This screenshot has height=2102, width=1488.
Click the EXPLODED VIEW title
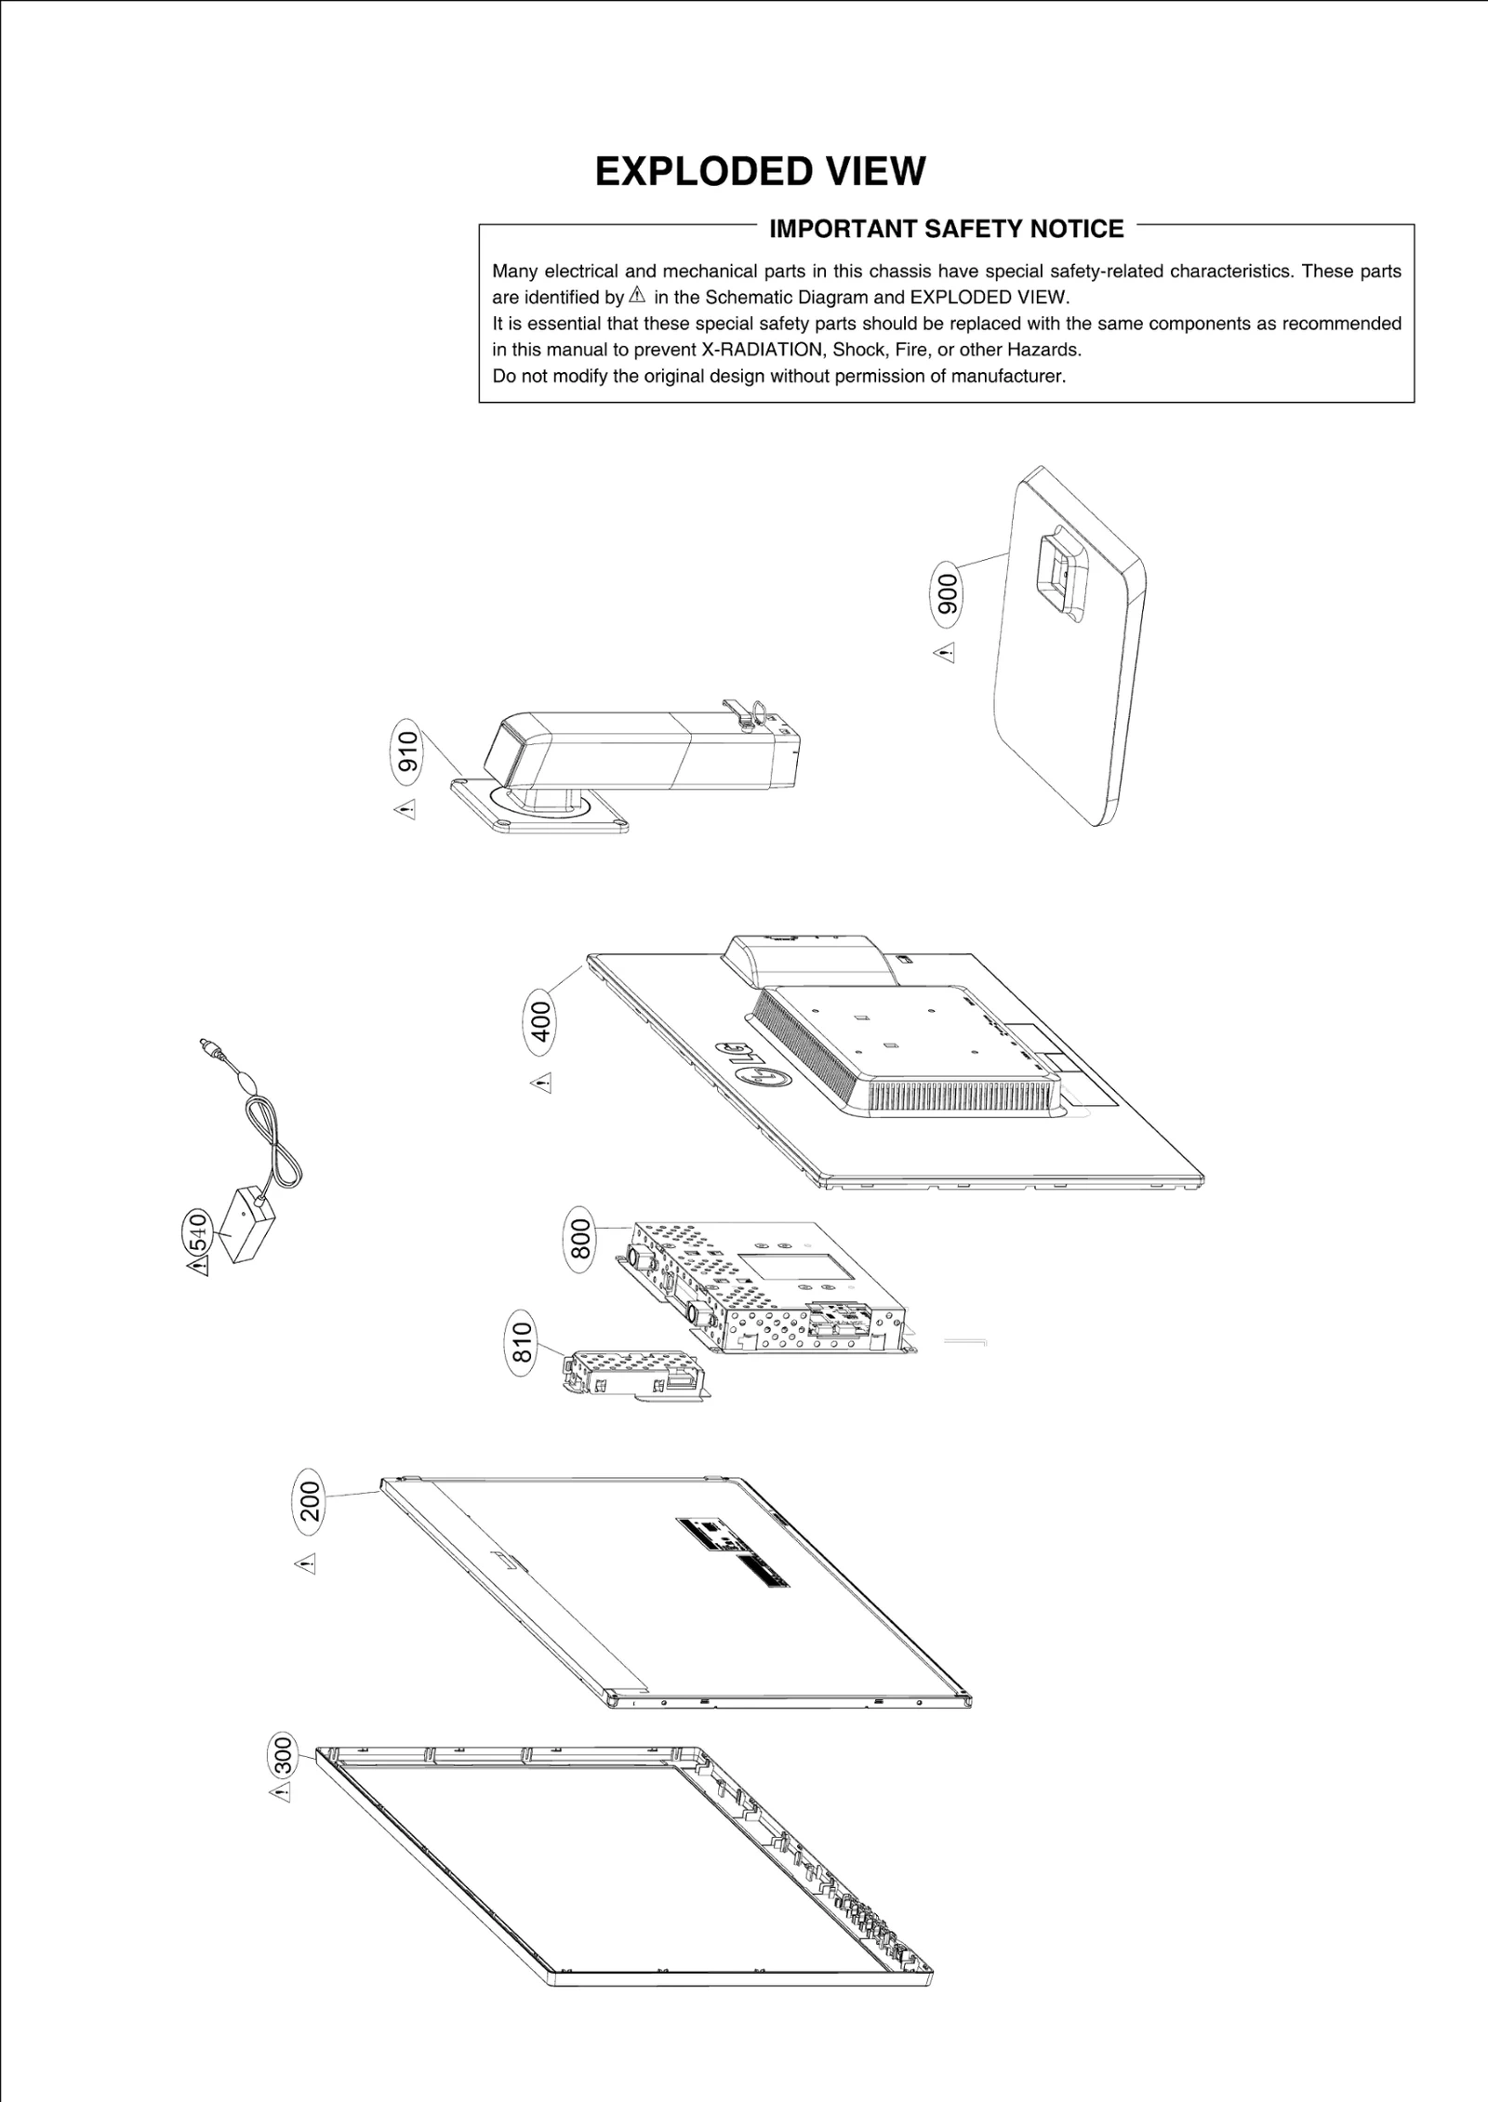[x=760, y=172]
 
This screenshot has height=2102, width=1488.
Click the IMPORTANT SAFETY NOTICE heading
[x=946, y=229]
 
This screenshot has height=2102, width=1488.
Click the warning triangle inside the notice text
[x=637, y=297]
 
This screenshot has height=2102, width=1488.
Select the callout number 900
[x=948, y=593]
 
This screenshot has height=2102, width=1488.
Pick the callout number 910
[x=408, y=752]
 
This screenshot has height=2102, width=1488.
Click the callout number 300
[x=283, y=1756]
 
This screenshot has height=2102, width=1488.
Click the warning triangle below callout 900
[x=945, y=653]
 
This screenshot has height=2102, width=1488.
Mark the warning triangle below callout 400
[x=542, y=1083]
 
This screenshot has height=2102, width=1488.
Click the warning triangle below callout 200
[x=307, y=1563]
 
